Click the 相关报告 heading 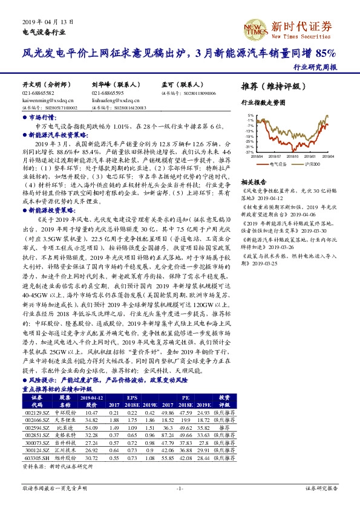click(x=251, y=181)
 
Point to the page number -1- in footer click(x=179, y=487)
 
